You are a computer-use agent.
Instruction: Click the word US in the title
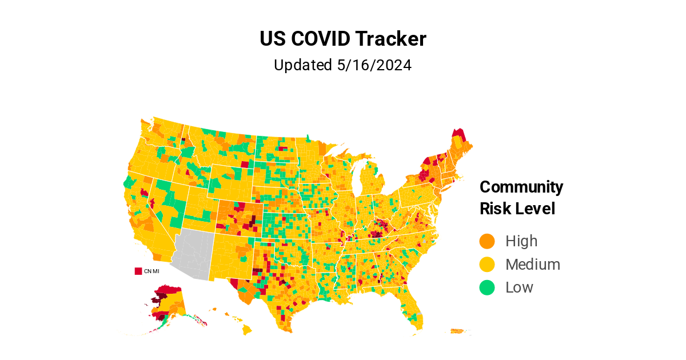[x=273, y=39]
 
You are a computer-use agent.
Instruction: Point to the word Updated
[x=302, y=65]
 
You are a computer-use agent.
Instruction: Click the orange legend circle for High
[x=486, y=241]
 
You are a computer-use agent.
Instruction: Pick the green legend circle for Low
[x=486, y=287]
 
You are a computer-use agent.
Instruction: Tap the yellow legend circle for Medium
[x=486, y=265]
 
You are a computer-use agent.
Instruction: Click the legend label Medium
[x=533, y=265]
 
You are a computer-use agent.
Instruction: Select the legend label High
[x=521, y=241]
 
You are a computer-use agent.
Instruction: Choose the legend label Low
[x=519, y=287]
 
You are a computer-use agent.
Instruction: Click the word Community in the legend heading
[x=521, y=187]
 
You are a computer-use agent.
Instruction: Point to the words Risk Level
[x=517, y=209]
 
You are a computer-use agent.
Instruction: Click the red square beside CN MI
[x=138, y=271]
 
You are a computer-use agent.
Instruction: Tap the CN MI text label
[x=151, y=271]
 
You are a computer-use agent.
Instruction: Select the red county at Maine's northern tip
[x=458, y=134]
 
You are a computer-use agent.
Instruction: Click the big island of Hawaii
[x=247, y=330]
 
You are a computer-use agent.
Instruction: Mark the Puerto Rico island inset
[x=456, y=331]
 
